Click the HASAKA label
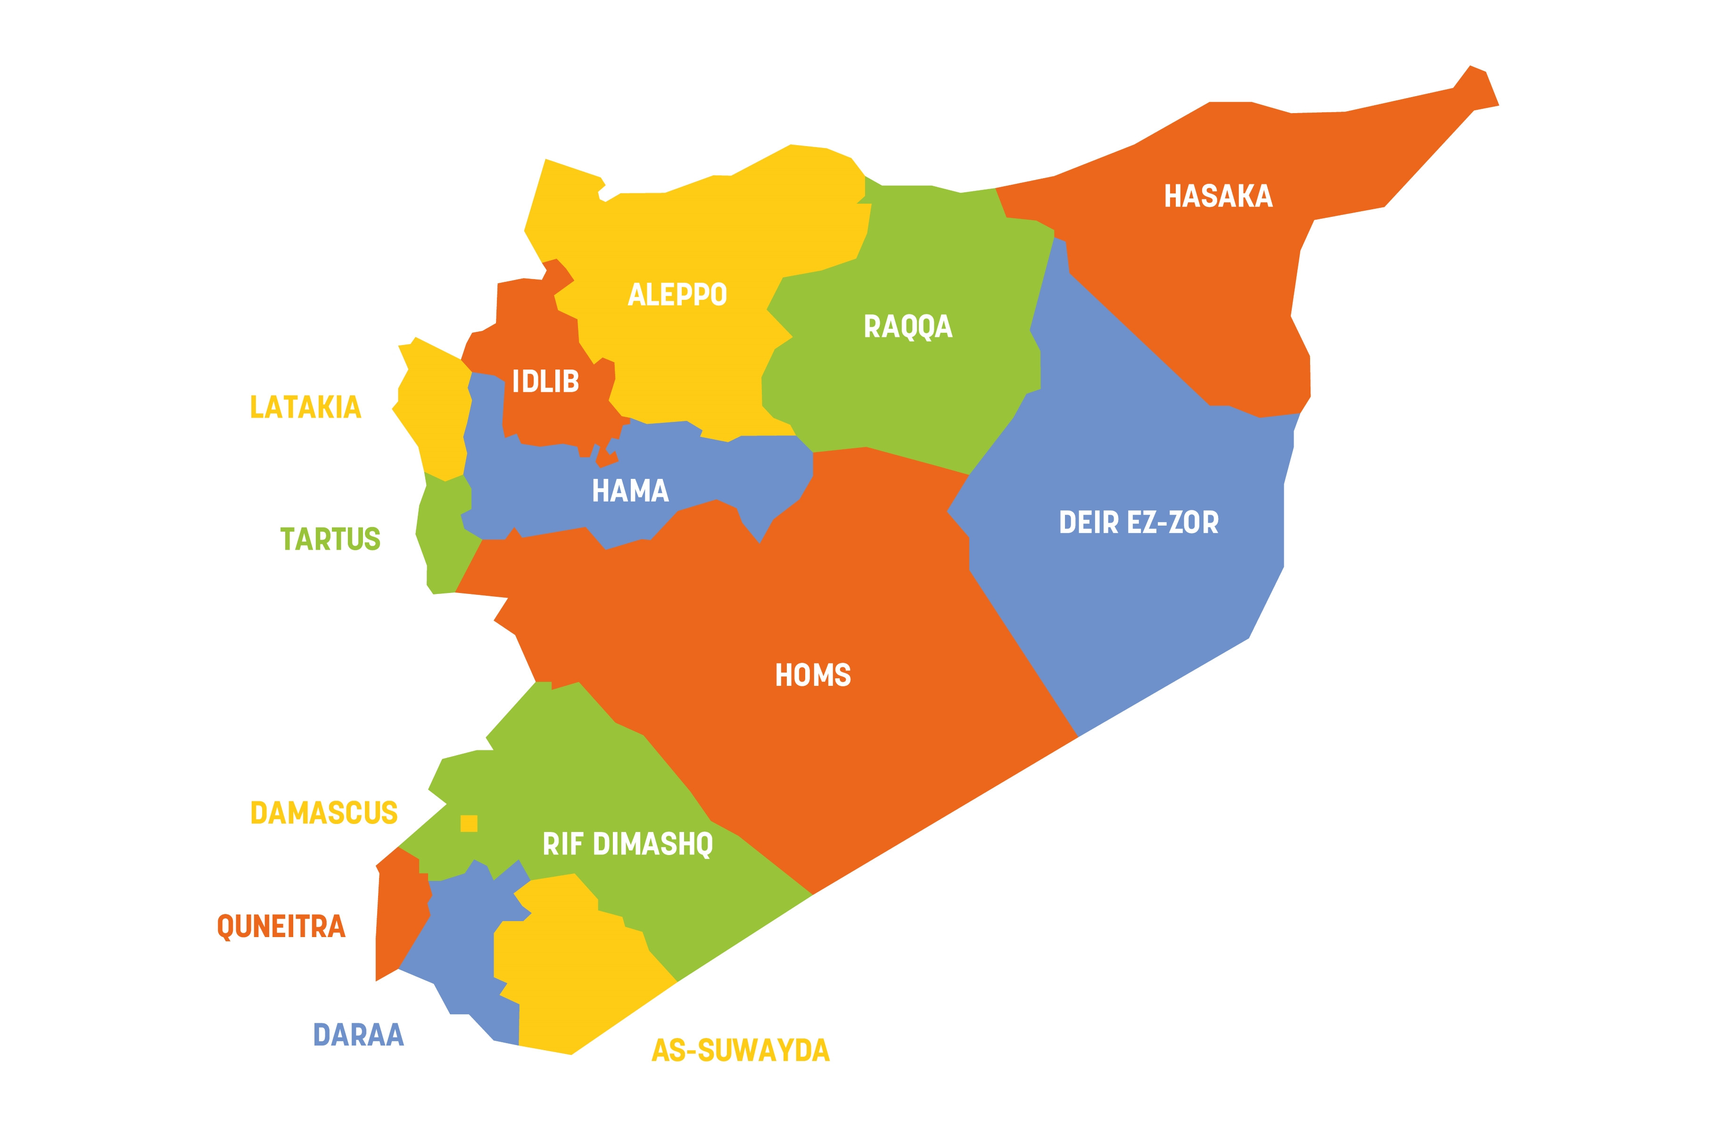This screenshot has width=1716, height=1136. (1218, 197)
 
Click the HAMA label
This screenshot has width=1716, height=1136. (630, 491)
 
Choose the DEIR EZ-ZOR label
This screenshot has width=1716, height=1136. (1138, 522)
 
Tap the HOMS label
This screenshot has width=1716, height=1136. (813, 675)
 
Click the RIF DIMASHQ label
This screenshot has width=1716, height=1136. (627, 844)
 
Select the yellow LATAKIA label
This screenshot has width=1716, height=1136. (305, 407)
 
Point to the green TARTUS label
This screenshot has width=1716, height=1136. (330, 539)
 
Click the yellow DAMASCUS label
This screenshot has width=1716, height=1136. (324, 813)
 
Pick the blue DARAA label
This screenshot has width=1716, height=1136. (359, 1035)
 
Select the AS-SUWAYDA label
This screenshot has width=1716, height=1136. (740, 1051)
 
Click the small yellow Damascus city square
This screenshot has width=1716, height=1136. (469, 823)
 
